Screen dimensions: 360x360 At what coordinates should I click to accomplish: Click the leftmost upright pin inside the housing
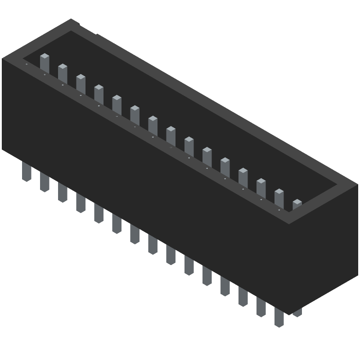45,63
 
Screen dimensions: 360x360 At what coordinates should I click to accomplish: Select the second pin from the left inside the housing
63,73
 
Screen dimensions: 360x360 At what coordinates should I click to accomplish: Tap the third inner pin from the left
81,83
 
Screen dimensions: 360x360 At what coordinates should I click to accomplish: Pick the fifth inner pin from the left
117,104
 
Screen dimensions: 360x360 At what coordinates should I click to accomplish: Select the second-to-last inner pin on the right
279,198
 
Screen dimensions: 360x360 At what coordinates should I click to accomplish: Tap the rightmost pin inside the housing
297,205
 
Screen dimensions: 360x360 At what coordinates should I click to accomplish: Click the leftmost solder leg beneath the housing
27,171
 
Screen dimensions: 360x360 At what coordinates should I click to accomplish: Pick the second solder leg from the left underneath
45,182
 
